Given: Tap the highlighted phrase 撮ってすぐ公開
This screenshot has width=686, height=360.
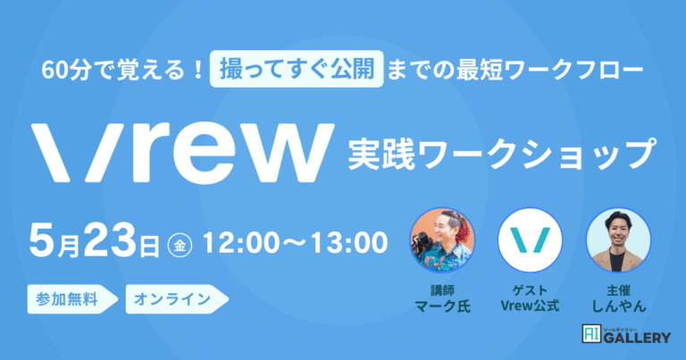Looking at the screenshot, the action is tap(297, 69).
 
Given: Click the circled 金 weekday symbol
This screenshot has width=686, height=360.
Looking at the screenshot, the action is tap(180, 246).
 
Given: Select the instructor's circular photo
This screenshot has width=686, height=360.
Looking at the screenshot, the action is tap(442, 240).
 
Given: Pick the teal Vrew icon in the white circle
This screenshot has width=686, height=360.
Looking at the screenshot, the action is tap(530, 240).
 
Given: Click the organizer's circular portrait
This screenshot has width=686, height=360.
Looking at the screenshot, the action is tap(618, 240).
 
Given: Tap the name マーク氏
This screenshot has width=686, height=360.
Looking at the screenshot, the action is tap(442, 306).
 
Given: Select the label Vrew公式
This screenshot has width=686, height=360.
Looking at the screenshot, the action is tap(530, 306).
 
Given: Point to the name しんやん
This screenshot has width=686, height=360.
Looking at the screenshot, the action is tap(619, 306).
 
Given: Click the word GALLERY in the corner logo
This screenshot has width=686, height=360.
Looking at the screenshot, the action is tap(637, 338).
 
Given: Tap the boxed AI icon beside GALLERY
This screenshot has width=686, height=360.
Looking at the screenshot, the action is tap(591, 334).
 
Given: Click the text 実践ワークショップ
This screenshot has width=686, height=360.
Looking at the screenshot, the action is tap(502, 154).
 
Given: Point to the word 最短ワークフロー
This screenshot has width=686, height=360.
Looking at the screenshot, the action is tap(550, 70).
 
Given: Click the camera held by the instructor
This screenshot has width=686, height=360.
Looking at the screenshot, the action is tap(422, 244).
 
